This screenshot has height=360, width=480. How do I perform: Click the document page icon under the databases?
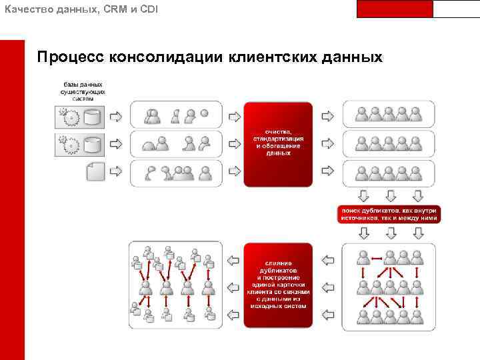coord(95,172)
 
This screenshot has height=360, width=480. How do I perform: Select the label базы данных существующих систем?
coord(83,91)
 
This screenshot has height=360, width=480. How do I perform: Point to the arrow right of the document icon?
coord(116,172)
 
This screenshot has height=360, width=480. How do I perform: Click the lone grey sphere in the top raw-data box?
coord(205,114)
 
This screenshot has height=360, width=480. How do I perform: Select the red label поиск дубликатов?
coord(389,213)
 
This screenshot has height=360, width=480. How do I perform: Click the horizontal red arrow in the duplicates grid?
coord(377,258)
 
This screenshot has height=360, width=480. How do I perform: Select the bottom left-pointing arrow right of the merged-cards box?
coord(233,313)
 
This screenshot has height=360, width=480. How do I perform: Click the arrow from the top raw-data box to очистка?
coord(234,117)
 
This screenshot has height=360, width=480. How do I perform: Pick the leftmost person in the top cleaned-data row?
coord(362,114)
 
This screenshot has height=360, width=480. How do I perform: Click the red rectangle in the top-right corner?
coord(395,9)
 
